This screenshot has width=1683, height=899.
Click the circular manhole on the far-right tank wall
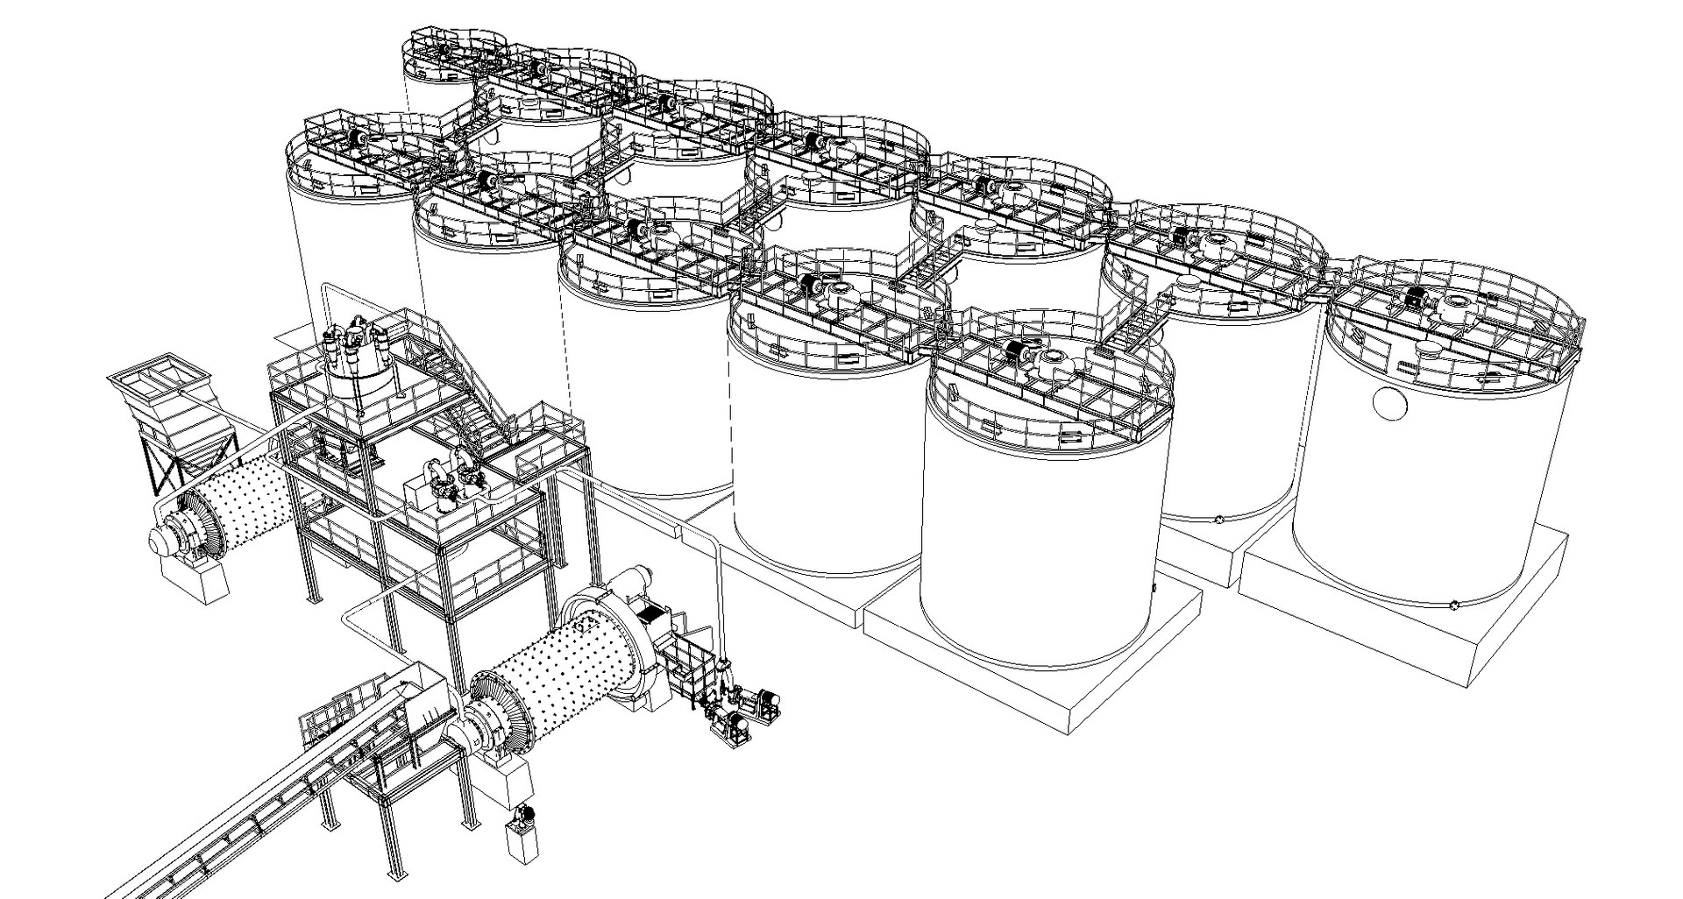coord(1389,402)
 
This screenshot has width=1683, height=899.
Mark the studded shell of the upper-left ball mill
coord(250,499)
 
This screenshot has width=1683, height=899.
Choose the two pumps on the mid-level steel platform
coord(451,478)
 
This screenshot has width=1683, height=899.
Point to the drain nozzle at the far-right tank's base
coord(1455,604)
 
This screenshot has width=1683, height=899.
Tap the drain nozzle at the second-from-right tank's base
coord(1218,520)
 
